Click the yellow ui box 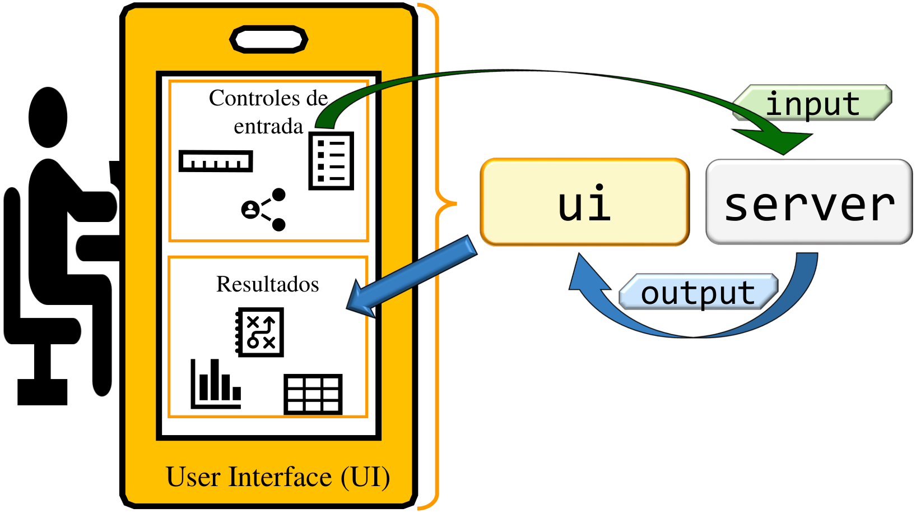pyautogui.click(x=584, y=202)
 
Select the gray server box pyautogui.click(x=808, y=202)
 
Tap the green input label pyautogui.click(x=812, y=103)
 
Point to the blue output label pyautogui.click(x=698, y=292)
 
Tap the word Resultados pyautogui.click(x=267, y=284)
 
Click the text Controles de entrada pyautogui.click(x=268, y=112)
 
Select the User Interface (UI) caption pyautogui.click(x=278, y=477)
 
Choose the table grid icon pyautogui.click(x=313, y=394)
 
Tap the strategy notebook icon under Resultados pyautogui.click(x=259, y=332)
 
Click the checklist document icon pyautogui.click(x=331, y=161)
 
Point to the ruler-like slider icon pyautogui.click(x=216, y=161)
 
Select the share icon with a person pyautogui.click(x=264, y=210)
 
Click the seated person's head pyautogui.click(x=48, y=117)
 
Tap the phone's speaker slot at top pyautogui.click(x=269, y=40)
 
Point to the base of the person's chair pyautogui.click(x=42, y=391)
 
